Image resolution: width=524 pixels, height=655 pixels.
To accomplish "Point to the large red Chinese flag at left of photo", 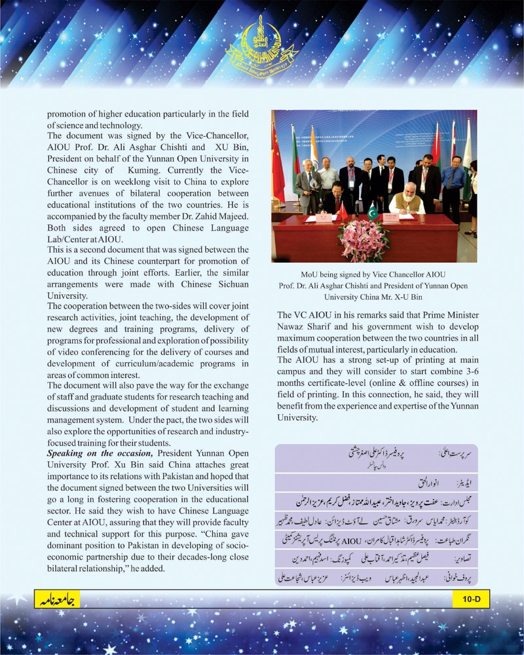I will [279, 164].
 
